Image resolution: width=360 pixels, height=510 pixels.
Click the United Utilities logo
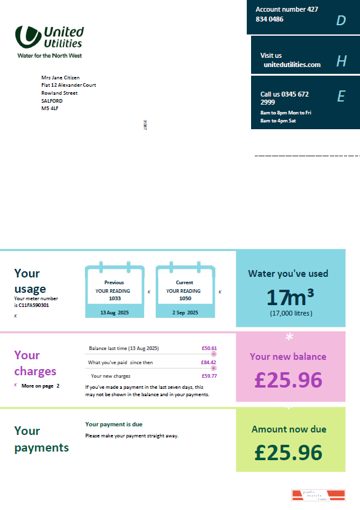[49, 41]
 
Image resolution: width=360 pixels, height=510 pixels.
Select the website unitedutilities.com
[292, 65]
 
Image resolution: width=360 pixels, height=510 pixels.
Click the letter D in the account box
[341, 21]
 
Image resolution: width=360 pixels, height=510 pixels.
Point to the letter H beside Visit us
[342, 61]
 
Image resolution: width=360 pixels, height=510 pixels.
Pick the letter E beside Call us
[341, 97]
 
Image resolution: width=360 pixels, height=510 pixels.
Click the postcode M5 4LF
[50, 108]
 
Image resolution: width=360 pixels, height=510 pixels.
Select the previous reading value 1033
[114, 298]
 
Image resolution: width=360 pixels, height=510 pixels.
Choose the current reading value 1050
[185, 298]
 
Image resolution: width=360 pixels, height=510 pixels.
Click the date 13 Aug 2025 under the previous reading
[114, 313]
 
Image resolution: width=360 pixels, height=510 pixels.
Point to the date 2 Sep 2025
[185, 313]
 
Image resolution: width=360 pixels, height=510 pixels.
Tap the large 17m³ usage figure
[290, 298]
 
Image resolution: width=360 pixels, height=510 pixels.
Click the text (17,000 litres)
[291, 313]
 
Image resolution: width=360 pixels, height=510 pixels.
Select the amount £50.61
[209, 348]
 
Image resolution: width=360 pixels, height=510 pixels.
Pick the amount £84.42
[209, 362]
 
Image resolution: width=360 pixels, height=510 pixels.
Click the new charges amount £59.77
[209, 376]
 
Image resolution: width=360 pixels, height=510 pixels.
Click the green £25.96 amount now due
[288, 453]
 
